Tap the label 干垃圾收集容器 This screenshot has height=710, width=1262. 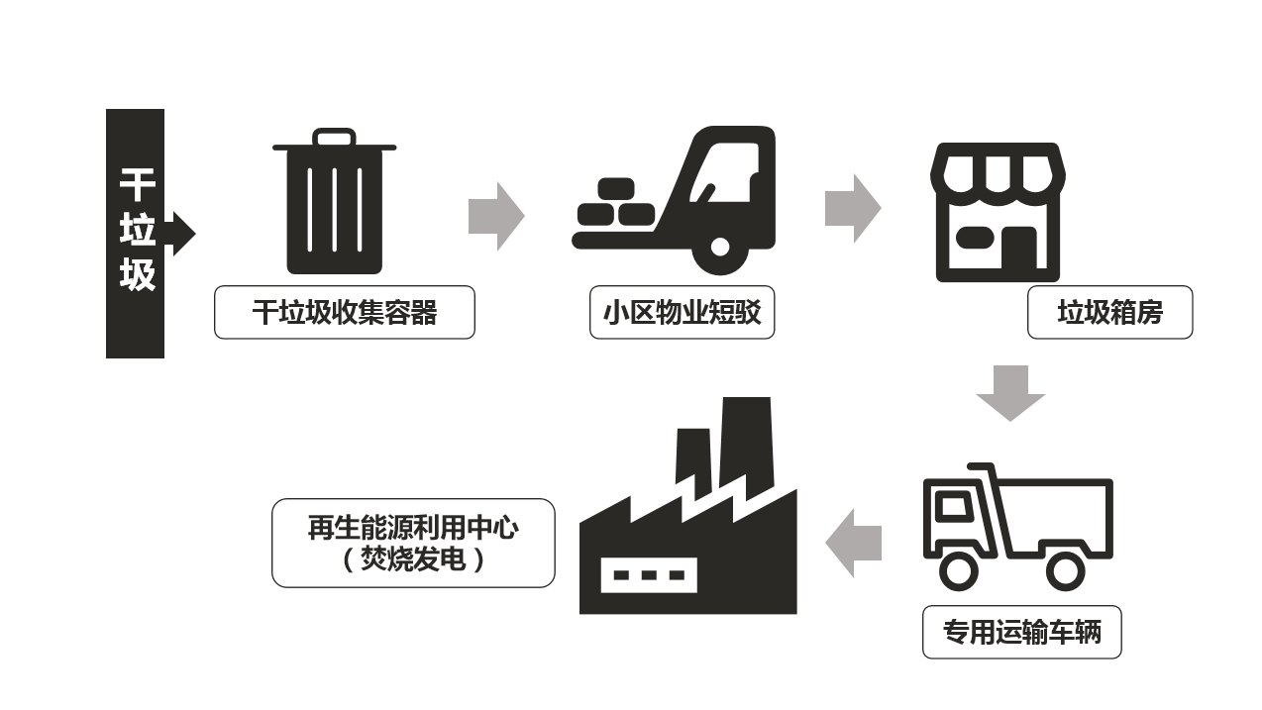[345, 313]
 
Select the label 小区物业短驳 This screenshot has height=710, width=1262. [682, 313]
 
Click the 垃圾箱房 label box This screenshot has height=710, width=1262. [1109, 313]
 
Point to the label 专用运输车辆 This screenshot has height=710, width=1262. [1021, 632]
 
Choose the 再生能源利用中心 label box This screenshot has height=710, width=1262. [413, 543]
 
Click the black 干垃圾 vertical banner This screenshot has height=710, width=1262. [136, 233]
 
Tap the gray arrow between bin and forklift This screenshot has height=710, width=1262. [495, 216]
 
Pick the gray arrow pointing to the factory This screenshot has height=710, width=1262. [854, 543]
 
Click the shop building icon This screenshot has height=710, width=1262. [997, 212]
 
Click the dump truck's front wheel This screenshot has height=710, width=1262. [958, 570]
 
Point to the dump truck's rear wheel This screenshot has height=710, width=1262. [1066, 570]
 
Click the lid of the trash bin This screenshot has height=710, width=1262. [334, 144]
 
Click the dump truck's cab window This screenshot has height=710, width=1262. [952, 507]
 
